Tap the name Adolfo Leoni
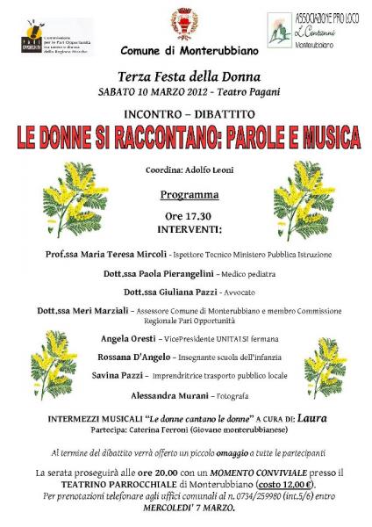tap(207, 170)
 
